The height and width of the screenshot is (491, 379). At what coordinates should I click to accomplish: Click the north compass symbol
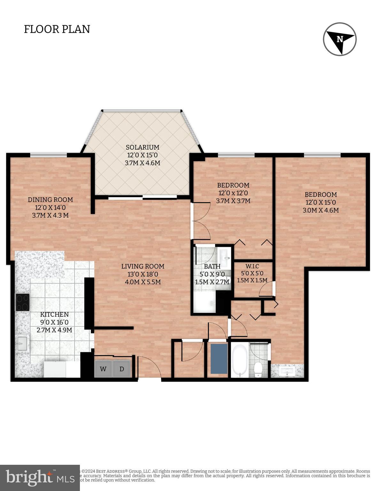point(340,39)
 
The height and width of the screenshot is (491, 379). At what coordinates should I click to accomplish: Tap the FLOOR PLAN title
point(57,29)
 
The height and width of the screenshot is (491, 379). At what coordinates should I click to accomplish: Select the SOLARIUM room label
point(143,147)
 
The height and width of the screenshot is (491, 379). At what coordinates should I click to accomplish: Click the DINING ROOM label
point(50,200)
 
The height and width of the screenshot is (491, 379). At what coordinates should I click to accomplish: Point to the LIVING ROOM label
point(143,266)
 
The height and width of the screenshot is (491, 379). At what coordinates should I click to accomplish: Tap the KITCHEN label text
point(54,315)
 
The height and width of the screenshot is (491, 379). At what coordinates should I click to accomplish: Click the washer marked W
point(103,369)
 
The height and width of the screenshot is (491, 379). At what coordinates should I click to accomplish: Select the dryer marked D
point(122,369)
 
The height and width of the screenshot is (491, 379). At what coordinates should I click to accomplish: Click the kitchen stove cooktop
point(23,302)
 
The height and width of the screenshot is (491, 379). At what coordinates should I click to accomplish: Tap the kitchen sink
point(22,343)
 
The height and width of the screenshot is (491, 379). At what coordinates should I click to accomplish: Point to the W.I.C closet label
point(252,266)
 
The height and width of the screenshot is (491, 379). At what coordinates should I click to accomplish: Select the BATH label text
point(212,266)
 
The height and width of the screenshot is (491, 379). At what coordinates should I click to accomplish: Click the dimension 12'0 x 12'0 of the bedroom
point(233,193)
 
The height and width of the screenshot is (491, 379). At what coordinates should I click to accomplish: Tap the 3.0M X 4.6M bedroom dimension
point(321,210)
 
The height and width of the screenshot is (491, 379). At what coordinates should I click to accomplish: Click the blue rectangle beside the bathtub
point(219,359)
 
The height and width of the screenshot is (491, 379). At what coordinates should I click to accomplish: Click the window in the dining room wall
point(49,155)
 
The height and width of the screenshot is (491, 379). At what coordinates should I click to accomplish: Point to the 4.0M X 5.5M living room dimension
point(143,282)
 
